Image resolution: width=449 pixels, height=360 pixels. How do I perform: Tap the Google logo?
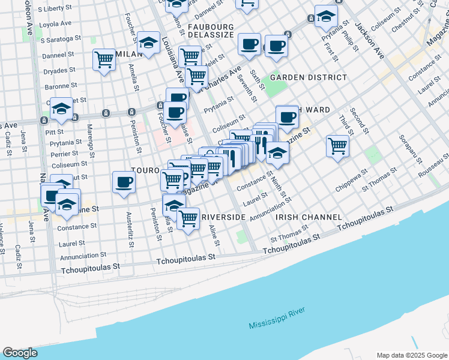(x=20, y=353)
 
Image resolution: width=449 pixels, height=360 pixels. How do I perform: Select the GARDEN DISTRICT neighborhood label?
(x=308, y=77)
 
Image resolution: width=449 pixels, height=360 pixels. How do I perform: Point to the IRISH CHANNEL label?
(x=308, y=217)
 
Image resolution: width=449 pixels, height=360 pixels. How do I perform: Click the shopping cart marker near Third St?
(x=338, y=146)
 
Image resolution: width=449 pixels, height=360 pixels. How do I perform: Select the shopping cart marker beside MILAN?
(x=104, y=60)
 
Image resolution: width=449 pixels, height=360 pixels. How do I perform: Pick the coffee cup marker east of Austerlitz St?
(x=124, y=182)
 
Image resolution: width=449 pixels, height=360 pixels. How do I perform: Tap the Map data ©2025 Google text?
(x=411, y=355)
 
